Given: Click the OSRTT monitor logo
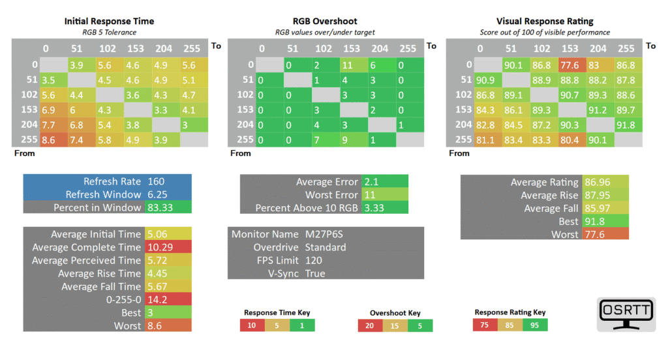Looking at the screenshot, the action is [x=626, y=314].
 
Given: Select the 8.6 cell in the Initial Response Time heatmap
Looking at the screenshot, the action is [x=53, y=140].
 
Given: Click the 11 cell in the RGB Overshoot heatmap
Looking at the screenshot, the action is [x=354, y=65].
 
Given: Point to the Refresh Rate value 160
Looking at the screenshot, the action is [x=156, y=181].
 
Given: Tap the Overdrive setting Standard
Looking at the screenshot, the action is [x=326, y=247].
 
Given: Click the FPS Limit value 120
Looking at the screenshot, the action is [x=314, y=260].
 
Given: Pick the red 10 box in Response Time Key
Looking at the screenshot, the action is [x=252, y=325].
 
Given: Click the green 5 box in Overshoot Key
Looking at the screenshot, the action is [x=420, y=326].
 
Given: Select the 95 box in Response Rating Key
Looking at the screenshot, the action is [x=535, y=325].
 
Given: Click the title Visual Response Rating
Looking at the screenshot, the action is [x=545, y=22].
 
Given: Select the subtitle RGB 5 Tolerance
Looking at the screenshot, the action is [x=110, y=33].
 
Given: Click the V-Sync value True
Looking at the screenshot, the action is [x=315, y=273].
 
